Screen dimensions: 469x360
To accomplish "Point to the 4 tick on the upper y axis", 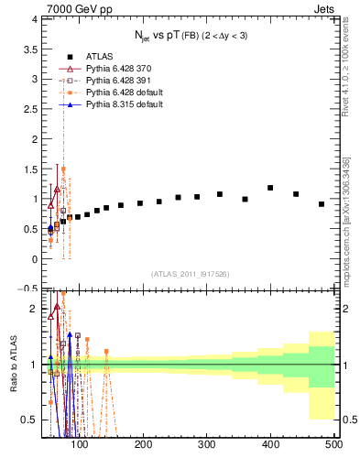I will click(x=33, y=19).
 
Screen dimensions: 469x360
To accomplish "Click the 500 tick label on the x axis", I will click(x=333, y=446).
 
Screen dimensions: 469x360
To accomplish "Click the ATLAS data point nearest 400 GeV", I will click(x=270, y=188).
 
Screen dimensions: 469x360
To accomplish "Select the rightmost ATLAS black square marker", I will click(x=322, y=204).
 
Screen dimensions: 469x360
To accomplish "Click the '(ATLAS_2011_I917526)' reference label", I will click(x=190, y=275).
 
